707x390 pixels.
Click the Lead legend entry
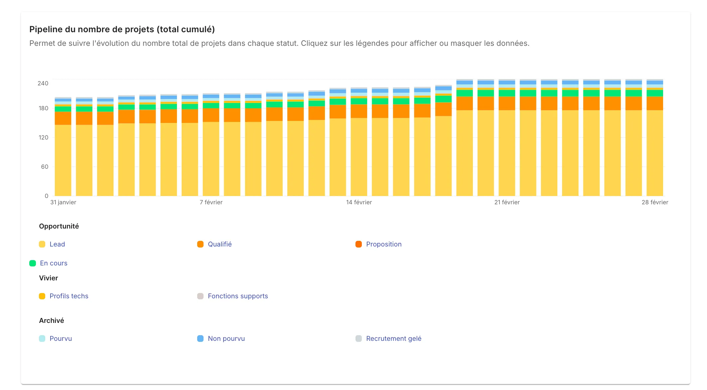[x=57, y=244]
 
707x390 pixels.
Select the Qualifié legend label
[x=219, y=244]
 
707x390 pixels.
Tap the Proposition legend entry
[x=383, y=244]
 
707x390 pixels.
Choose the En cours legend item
[x=54, y=263]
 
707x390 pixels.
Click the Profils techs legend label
[x=69, y=296]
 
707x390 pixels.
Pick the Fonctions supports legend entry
[x=238, y=296]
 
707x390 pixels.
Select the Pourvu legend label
[x=61, y=339]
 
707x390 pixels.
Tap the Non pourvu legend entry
[x=226, y=339]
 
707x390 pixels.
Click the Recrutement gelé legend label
[x=393, y=339]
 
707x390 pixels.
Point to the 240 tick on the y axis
[x=43, y=83]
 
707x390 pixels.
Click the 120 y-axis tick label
[x=43, y=138]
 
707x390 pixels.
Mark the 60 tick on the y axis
[x=45, y=167]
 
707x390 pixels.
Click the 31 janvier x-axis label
[x=63, y=202]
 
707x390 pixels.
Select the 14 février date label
[x=359, y=202]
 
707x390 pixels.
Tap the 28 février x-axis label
[x=654, y=202]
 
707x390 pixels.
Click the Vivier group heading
[x=49, y=278]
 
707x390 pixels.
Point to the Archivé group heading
[x=52, y=321]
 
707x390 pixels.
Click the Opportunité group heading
[x=59, y=226]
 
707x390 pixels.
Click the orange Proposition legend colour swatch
[x=358, y=244]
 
